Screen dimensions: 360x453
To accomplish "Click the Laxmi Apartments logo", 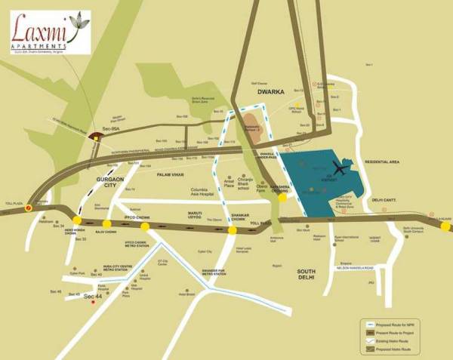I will [47, 32].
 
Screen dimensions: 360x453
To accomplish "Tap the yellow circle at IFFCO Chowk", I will [144, 226].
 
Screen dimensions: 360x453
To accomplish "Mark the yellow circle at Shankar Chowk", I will [233, 229].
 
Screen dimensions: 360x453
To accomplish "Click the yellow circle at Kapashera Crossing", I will [282, 197].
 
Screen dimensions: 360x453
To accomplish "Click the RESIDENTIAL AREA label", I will [381, 162].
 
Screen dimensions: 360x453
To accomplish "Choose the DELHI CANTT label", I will [386, 200].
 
